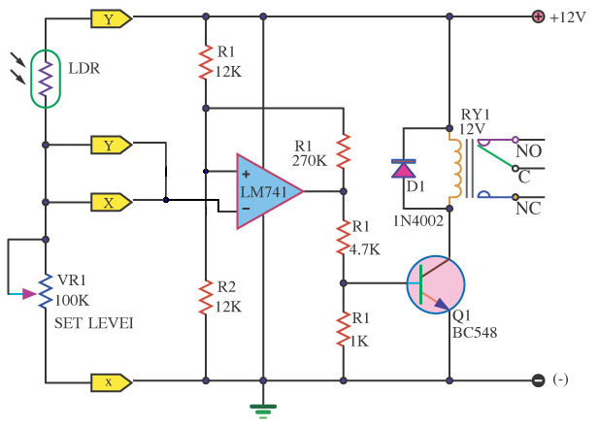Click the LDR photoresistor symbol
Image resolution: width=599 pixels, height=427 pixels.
(x=46, y=79)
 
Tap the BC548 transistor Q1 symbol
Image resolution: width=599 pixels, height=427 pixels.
(x=436, y=284)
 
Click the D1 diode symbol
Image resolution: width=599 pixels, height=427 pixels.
(x=404, y=169)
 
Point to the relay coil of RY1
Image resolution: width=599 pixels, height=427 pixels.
(x=455, y=169)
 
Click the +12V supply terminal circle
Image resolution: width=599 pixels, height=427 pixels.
(x=538, y=16)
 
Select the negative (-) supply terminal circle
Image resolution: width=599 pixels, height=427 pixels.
(x=538, y=380)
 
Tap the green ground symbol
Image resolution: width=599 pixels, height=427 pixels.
(x=263, y=411)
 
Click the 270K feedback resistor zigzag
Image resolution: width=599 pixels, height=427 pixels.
(x=343, y=151)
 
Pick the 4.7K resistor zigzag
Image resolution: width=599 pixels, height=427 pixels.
(x=343, y=238)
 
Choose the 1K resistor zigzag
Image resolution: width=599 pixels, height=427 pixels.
(x=343, y=329)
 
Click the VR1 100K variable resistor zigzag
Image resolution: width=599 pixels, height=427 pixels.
(x=46, y=291)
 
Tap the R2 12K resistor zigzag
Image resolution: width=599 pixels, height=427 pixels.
(x=206, y=297)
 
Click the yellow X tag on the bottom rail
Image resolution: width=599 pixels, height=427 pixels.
(x=112, y=382)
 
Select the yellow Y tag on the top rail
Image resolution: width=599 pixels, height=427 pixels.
(x=112, y=18)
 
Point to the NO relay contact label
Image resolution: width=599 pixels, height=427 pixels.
(x=528, y=151)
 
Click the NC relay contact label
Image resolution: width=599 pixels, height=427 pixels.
(x=528, y=209)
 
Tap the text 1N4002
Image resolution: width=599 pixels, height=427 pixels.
(x=418, y=220)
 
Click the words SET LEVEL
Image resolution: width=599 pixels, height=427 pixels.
(x=93, y=323)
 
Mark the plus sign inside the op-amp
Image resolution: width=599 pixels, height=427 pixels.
(x=246, y=174)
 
